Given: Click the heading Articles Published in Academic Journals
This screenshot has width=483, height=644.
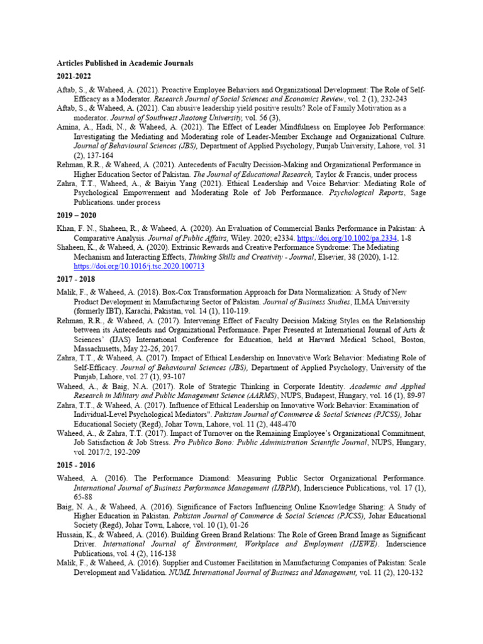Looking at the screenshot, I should coord(125,64).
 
